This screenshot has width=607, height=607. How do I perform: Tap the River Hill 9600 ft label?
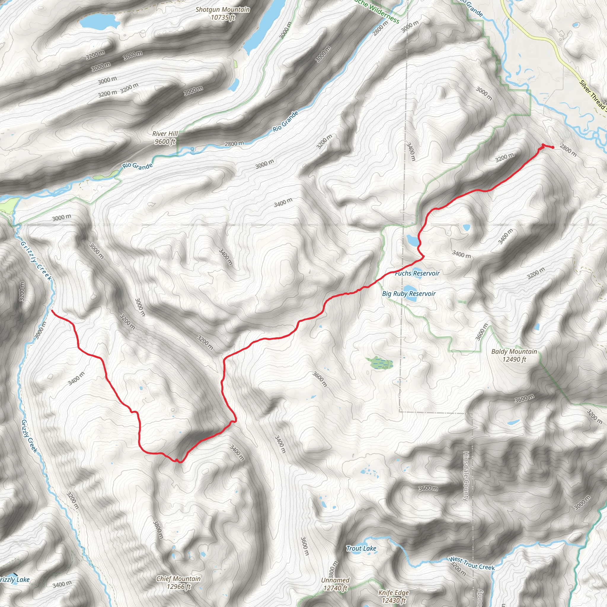(x=165, y=138)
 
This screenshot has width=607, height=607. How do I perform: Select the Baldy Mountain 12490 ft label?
(x=514, y=355)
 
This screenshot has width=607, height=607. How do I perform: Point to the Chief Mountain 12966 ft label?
(x=178, y=582)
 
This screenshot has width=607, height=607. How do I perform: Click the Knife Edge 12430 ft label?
(x=393, y=596)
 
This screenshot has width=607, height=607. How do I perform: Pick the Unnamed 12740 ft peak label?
(x=335, y=584)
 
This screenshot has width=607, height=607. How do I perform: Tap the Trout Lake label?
(x=361, y=549)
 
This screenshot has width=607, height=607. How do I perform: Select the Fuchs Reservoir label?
(x=417, y=273)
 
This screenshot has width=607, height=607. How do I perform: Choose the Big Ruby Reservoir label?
(x=408, y=294)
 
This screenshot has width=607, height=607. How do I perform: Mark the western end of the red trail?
(x=52, y=310)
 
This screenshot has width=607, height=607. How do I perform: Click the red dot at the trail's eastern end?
(x=553, y=147)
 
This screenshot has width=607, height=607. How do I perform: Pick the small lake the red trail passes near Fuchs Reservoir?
(x=413, y=240)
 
